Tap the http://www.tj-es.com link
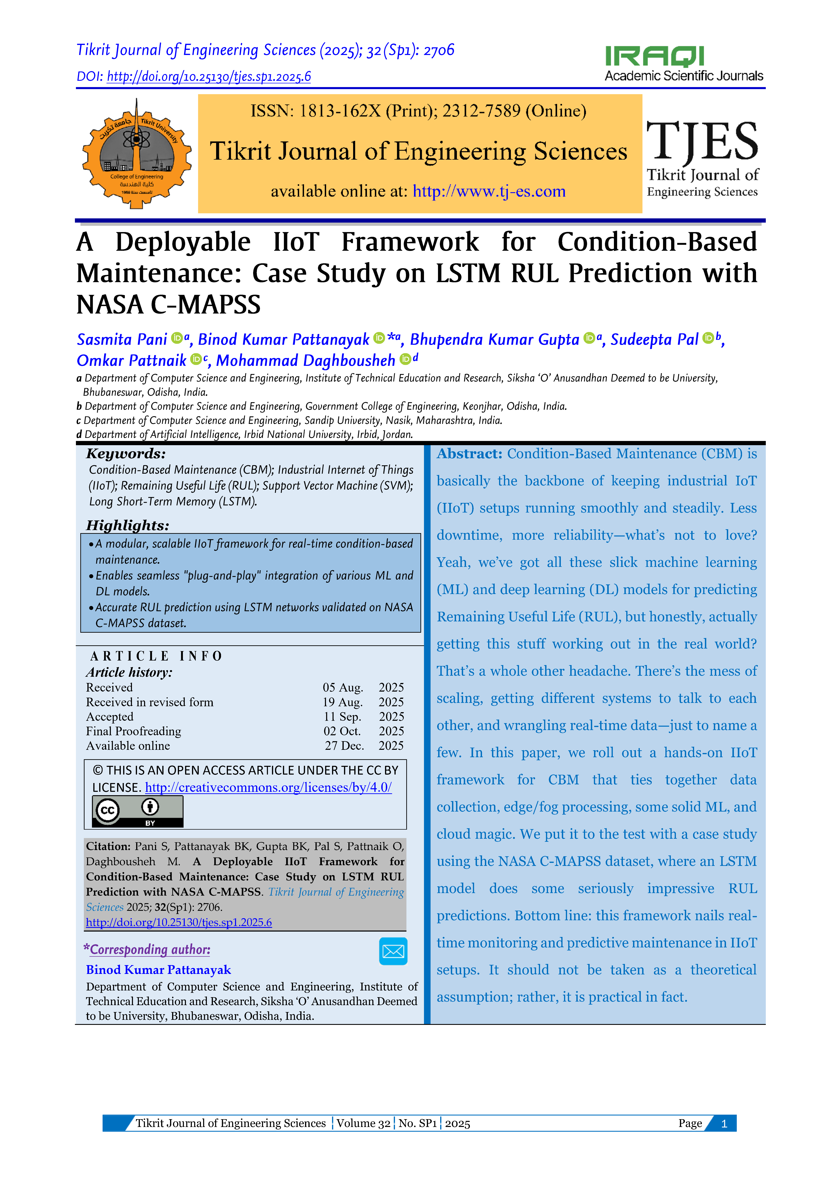[489, 191]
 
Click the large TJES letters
[702, 141]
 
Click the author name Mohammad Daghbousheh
[305, 360]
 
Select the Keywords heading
[126, 454]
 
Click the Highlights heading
[127, 526]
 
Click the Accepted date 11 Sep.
[342, 717]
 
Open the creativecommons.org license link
[268, 787]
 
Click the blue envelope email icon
[393, 951]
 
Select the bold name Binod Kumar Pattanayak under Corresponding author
[158, 970]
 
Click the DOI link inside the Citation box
[179, 923]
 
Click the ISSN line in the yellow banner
[418, 111]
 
